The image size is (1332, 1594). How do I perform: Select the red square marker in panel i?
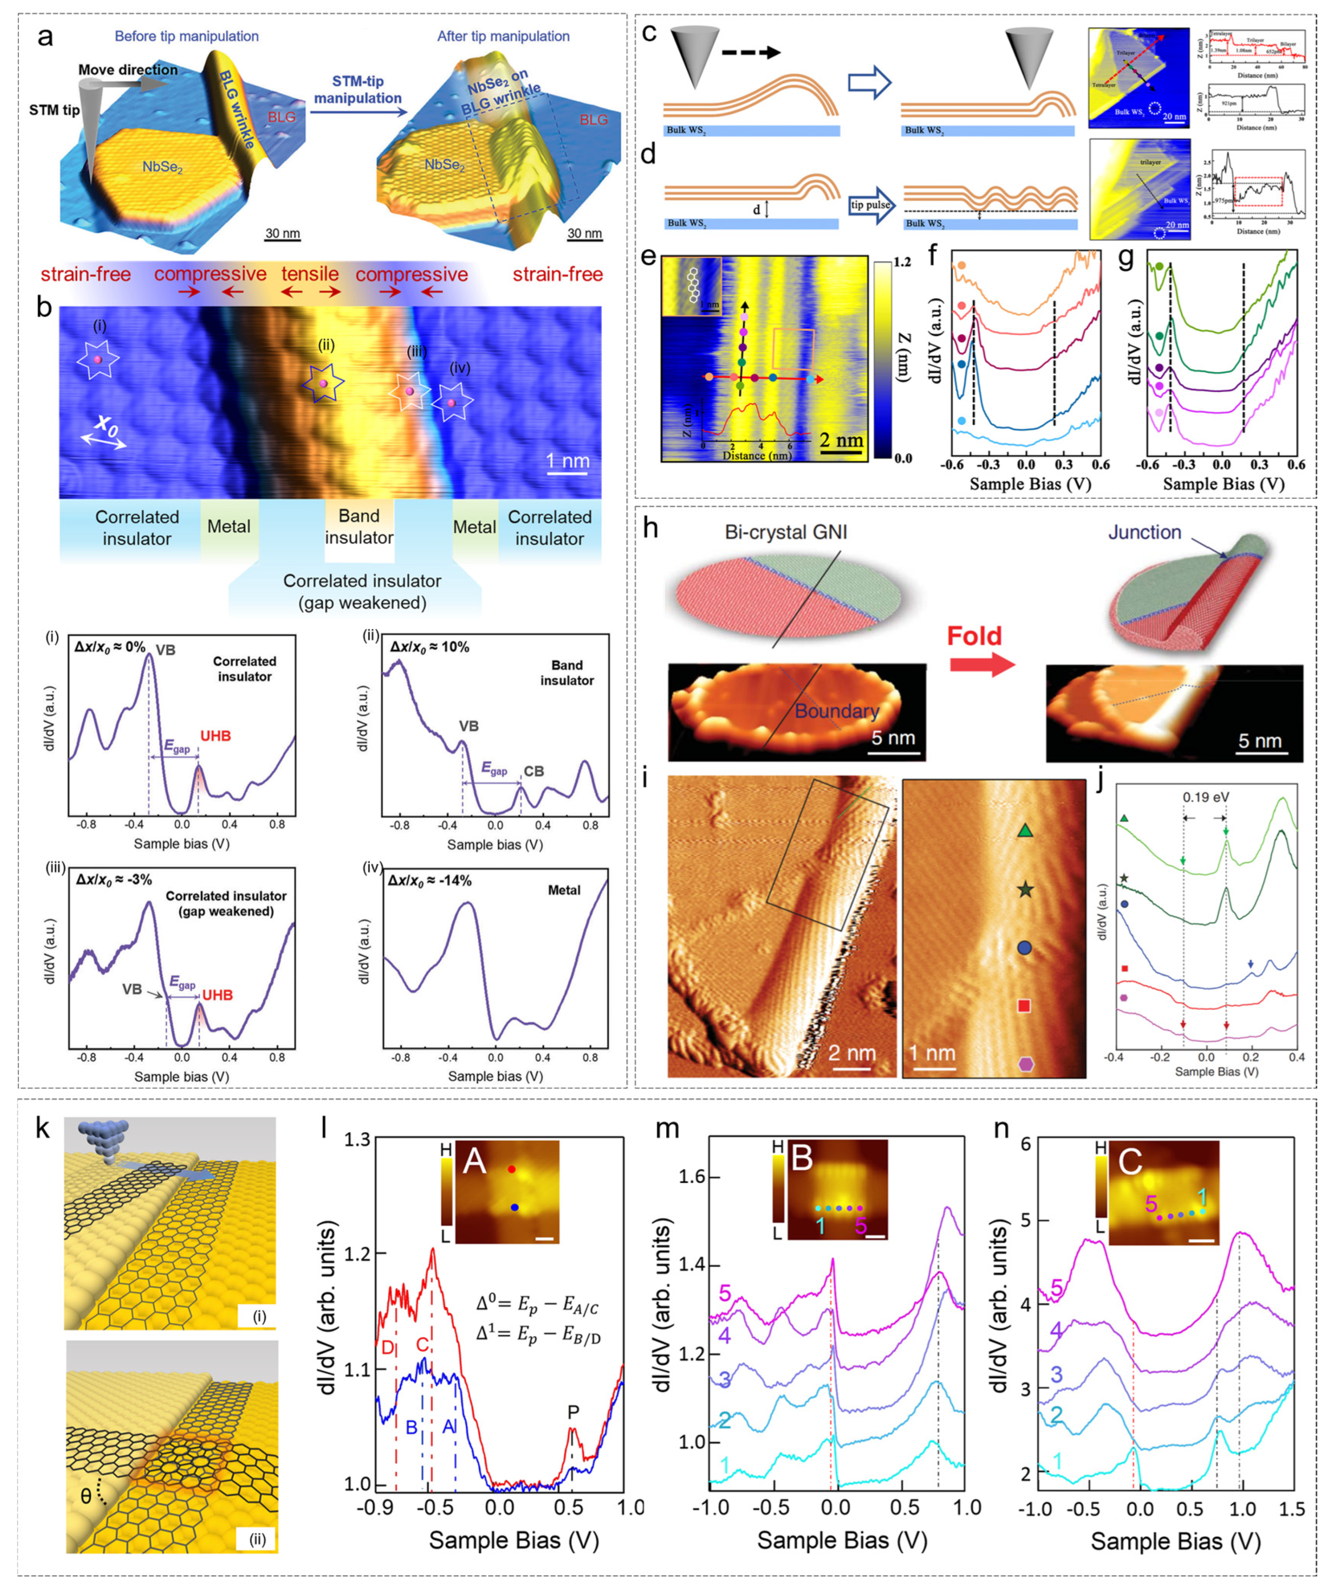(1024, 1006)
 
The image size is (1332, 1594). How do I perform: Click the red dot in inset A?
(512, 1170)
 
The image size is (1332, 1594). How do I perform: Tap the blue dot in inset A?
(515, 1207)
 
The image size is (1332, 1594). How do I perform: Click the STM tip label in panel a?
(54, 110)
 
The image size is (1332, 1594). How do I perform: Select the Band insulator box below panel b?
(359, 527)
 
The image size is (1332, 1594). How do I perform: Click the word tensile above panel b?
(310, 274)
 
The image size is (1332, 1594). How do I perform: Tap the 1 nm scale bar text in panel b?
(568, 461)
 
